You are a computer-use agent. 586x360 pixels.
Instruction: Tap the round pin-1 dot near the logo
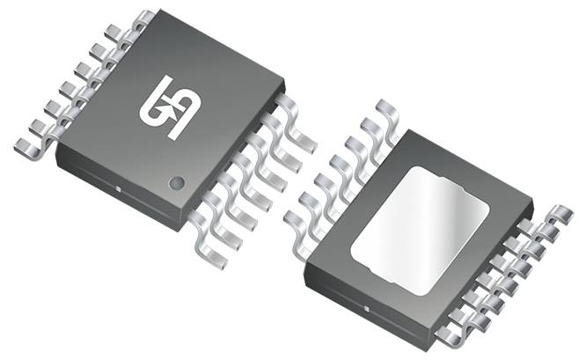pos(177,182)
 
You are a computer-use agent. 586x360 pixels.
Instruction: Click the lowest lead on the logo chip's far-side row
pos(31,141)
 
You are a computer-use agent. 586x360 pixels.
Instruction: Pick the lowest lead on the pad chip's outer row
pos(453,334)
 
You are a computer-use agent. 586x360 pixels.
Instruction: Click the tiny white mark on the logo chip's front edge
pos(118,187)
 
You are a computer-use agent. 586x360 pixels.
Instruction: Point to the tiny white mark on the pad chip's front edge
pos(365,310)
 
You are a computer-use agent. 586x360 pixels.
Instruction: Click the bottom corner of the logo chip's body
pos(182,226)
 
